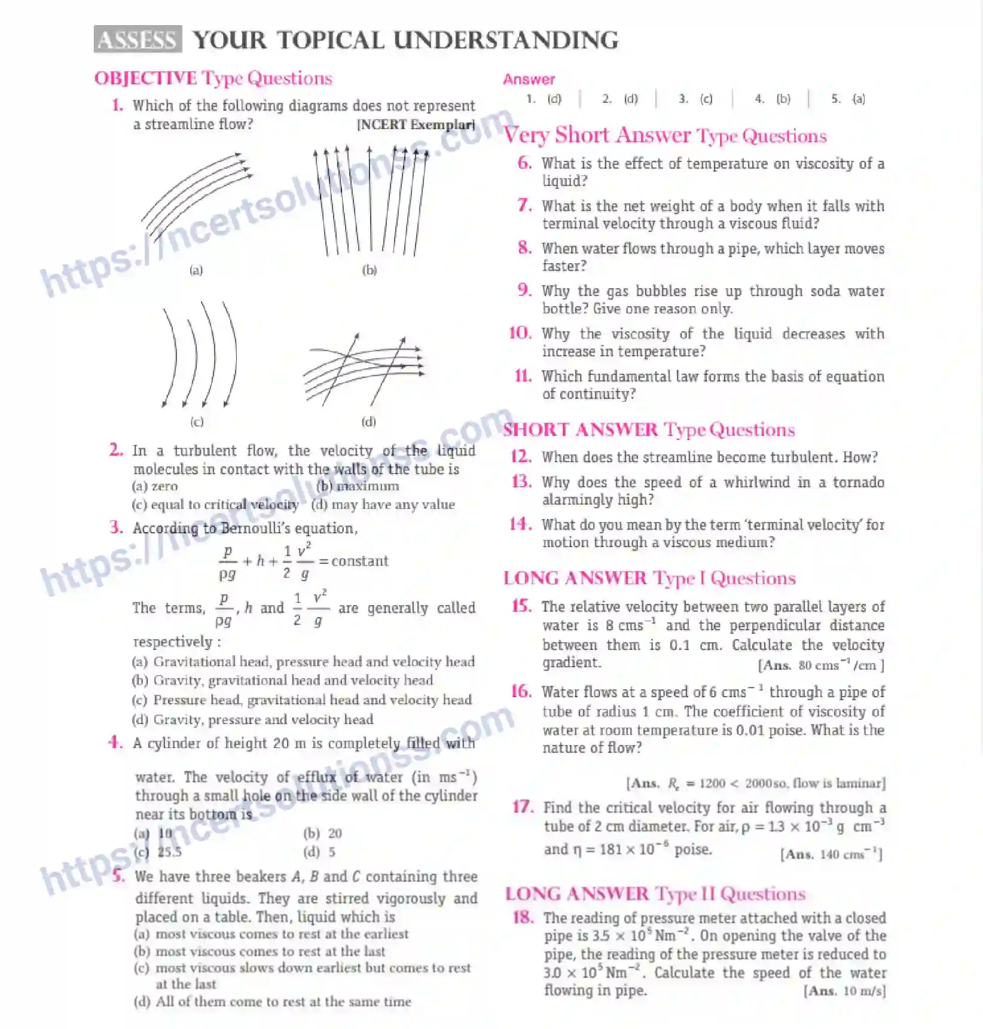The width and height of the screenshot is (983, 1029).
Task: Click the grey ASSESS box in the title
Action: (x=138, y=39)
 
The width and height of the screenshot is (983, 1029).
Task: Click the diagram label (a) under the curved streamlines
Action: (x=196, y=270)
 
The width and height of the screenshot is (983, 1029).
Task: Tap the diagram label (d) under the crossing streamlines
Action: (x=369, y=422)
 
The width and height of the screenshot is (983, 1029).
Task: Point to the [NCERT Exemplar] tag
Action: (x=416, y=124)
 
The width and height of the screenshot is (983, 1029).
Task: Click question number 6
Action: (x=524, y=163)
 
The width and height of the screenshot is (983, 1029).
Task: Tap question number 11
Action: (x=523, y=376)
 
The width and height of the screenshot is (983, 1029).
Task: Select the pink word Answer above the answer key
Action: (x=529, y=80)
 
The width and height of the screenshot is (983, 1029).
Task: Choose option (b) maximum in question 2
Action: (x=358, y=486)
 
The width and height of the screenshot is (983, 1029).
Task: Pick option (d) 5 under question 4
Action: (x=319, y=851)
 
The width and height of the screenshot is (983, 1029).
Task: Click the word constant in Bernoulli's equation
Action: (x=360, y=561)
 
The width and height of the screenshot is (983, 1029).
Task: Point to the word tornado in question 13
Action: (x=858, y=483)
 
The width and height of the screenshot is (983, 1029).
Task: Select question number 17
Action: (x=523, y=807)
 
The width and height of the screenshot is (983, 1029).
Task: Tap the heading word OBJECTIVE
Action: (x=145, y=78)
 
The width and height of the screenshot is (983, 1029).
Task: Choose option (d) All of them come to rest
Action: (x=273, y=1001)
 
